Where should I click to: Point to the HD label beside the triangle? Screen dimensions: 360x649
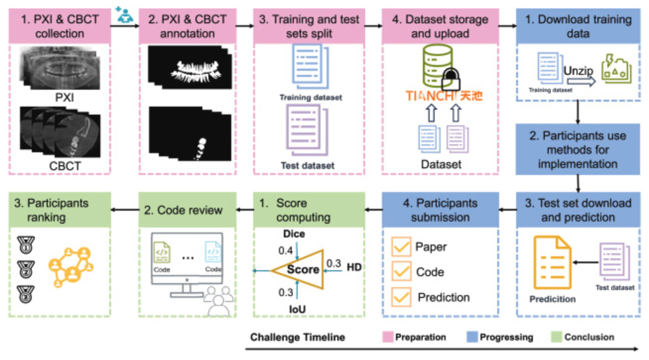(x=354, y=267)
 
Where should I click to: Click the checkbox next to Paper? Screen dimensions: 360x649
(x=401, y=247)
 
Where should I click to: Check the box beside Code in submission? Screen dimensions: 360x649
(x=401, y=272)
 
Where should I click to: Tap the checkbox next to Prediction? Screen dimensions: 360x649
(x=401, y=298)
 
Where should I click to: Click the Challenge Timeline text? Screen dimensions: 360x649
(x=297, y=338)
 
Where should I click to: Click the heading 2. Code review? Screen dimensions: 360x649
(x=183, y=210)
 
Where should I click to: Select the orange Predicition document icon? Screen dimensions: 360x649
(x=552, y=263)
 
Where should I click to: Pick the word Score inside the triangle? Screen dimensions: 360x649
(x=303, y=270)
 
